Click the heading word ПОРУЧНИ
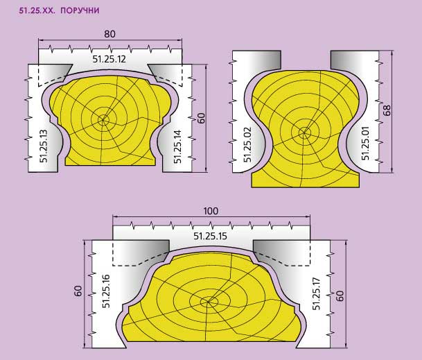click(x=80, y=10)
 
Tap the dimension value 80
click(x=109, y=34)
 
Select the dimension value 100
click(x=211, y=211)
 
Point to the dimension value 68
click(x=387, y=110)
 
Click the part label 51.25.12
click(x=109, y=59)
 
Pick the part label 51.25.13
click(x=44, y=146)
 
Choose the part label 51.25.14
click(x=177, y=146)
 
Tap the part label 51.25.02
click(x=247, y=145)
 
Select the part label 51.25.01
click(x=365, y=143)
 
